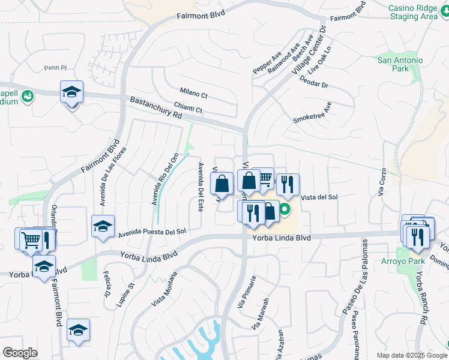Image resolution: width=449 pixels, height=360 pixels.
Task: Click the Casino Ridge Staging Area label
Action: click(412, 12)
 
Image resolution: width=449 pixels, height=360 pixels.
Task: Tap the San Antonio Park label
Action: click(400, 64)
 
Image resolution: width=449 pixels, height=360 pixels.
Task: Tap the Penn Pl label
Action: click(55, 68)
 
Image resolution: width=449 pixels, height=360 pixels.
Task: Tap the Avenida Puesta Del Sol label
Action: click(152, 232)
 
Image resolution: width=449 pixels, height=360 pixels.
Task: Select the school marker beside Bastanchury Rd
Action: click(71, 93)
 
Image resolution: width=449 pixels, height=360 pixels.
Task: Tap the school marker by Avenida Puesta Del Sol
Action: click(103, 227)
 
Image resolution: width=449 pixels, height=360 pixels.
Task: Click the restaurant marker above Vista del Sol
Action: click(288, 184)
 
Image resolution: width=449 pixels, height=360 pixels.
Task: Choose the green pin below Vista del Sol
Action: click(285, 209)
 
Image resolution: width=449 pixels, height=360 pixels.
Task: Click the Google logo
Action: click(20, 353)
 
